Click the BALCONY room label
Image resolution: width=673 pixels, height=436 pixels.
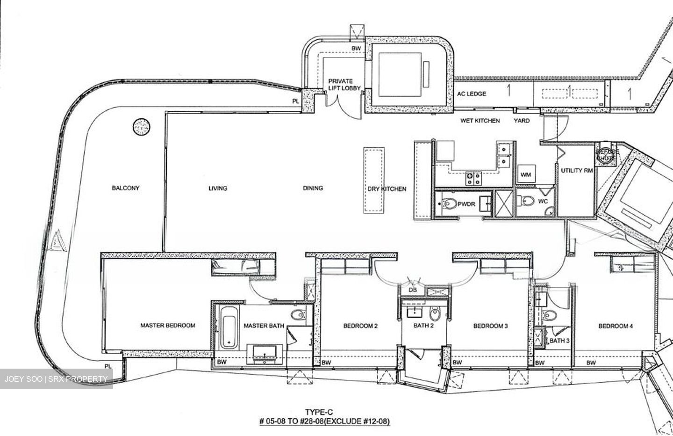pos(125,188)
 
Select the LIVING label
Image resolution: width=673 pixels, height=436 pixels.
pos(218,188)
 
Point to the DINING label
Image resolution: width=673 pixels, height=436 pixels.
pos(313,188)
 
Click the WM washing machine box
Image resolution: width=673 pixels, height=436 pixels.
pos(525,175)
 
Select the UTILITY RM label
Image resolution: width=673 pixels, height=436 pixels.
pos(577,171)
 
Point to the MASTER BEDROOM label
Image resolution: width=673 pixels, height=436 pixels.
pos(168,325)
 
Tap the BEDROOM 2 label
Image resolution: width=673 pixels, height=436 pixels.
pos(360,326)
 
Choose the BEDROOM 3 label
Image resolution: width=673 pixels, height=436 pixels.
pos(490,326)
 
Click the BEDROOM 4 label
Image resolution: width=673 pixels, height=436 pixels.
pos(616,326)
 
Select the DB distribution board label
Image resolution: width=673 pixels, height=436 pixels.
pos(413,290)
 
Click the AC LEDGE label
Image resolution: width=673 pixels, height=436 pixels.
pos(471,94)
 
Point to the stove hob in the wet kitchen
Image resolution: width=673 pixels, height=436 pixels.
pos(472,177)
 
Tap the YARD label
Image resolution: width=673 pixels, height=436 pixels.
pos(522,121)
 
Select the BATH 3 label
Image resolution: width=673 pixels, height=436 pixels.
pos(559,341)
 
